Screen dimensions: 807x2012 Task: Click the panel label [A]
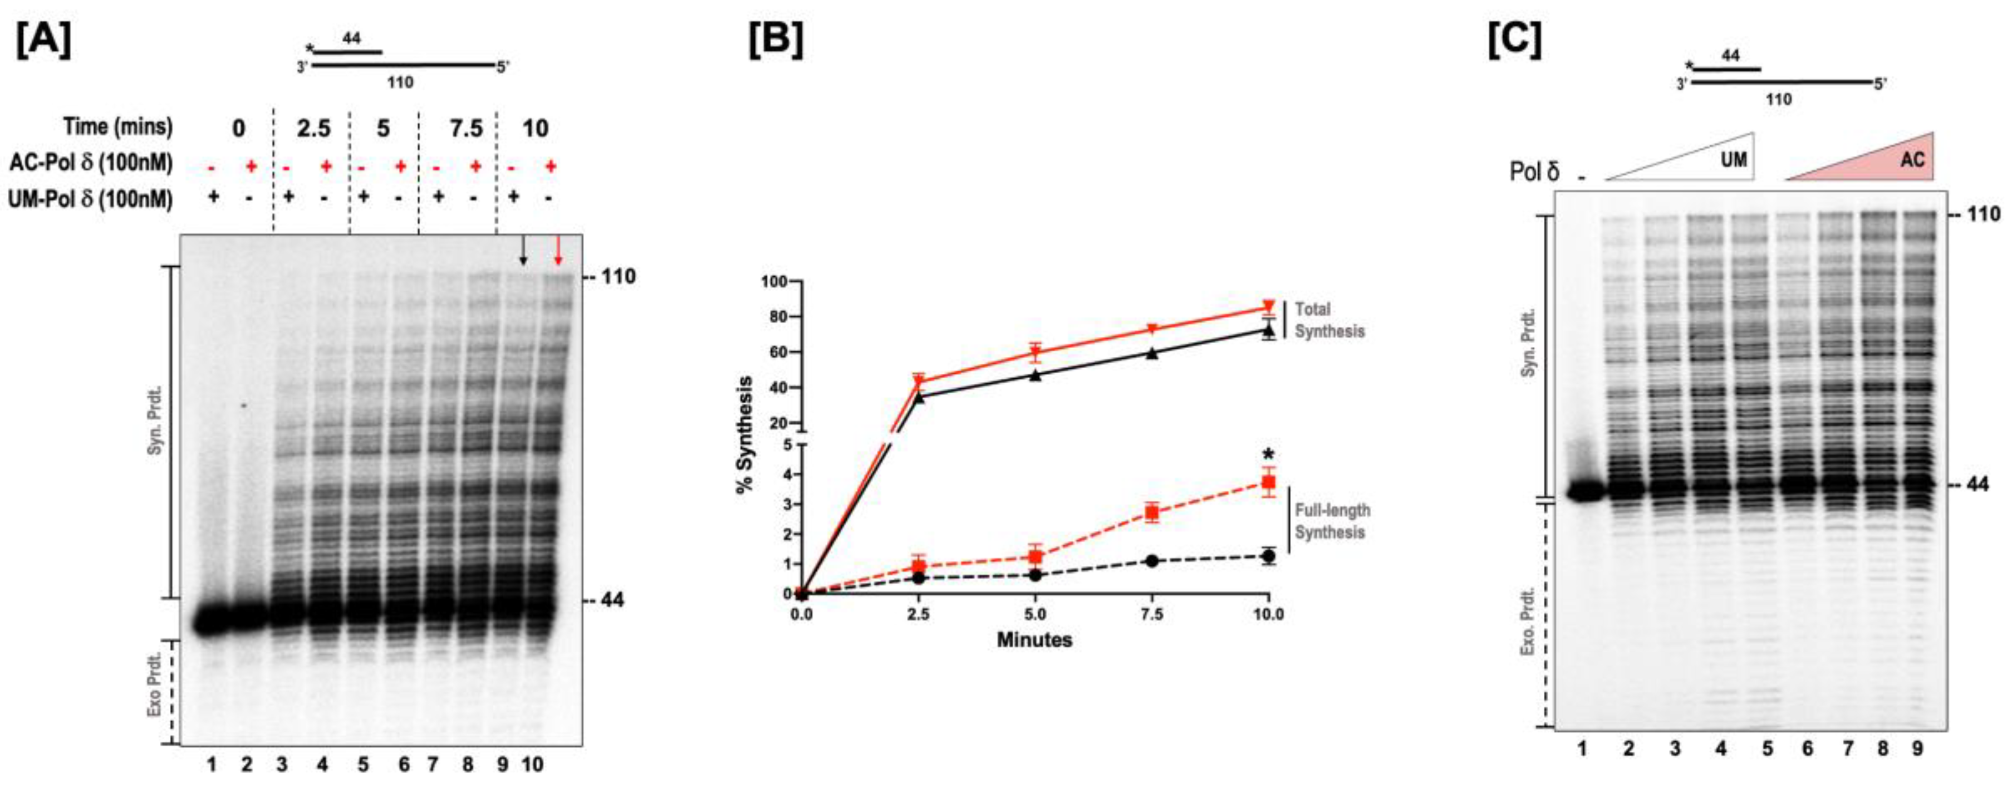coord(44,41)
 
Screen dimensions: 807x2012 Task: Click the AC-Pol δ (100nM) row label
coord(91,163)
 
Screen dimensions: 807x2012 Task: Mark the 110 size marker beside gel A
coord(618,277)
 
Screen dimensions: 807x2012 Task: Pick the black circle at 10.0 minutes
coord(1268,556)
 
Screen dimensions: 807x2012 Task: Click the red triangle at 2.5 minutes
coord(919,382)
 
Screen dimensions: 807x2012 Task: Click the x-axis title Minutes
coord(1034,640)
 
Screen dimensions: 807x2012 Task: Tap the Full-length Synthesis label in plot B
coord(1332,521)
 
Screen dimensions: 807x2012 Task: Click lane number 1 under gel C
coord(1582,749)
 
